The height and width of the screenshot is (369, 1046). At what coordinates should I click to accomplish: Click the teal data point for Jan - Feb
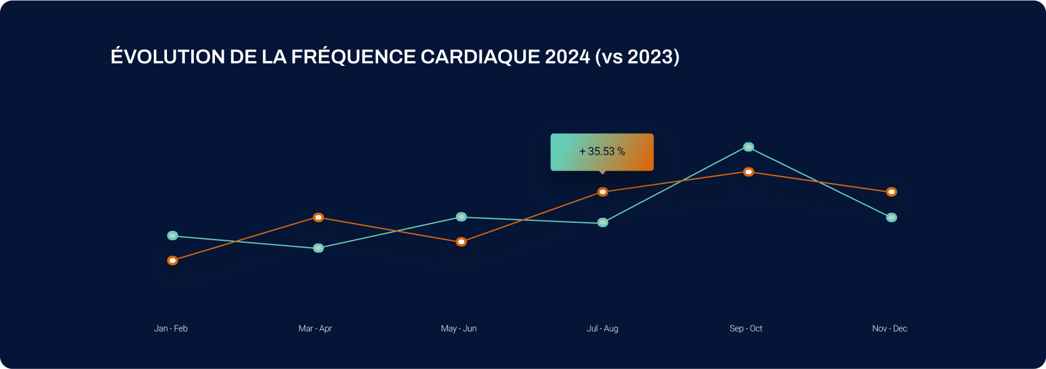[x=173, y=236]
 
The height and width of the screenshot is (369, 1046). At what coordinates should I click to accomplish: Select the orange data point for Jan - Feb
[x=173, y=260]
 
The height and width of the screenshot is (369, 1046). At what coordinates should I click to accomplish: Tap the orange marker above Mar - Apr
[x=318, y=217]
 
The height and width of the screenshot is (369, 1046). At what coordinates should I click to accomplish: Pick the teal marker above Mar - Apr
[x=318, y=248]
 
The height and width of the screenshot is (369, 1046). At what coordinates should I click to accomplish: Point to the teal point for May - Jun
[x=461, y=217]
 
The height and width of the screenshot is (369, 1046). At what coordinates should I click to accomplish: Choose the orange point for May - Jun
[x=461, y=241]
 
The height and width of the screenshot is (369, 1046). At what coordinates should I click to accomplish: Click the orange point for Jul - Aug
[x=602, y=192]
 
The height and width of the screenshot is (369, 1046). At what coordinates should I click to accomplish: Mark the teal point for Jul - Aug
[x=602, y=222]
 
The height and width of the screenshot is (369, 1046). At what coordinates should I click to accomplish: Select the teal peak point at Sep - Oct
[x=749, y=147]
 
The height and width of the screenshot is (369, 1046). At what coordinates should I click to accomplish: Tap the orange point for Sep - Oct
[x=749, y=172]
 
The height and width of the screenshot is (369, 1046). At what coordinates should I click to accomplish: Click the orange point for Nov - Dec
[x=891, y=192]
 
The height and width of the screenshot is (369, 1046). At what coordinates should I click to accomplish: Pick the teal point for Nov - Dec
[x=891, y=217]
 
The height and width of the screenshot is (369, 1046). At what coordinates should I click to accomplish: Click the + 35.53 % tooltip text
[x=602, y=151]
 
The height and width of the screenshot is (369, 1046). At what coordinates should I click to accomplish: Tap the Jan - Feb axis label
[x=171, y=329]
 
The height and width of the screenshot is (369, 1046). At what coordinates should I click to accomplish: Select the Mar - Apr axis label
[x=315, y=329]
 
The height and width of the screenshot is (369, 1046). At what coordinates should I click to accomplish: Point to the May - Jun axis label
[x=459, y=329]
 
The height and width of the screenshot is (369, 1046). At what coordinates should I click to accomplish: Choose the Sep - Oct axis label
[x=746, y=329]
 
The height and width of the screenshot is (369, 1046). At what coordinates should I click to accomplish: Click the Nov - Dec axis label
[x=890, y=329]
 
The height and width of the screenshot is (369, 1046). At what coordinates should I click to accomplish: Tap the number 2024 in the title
[x=567, y=57]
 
